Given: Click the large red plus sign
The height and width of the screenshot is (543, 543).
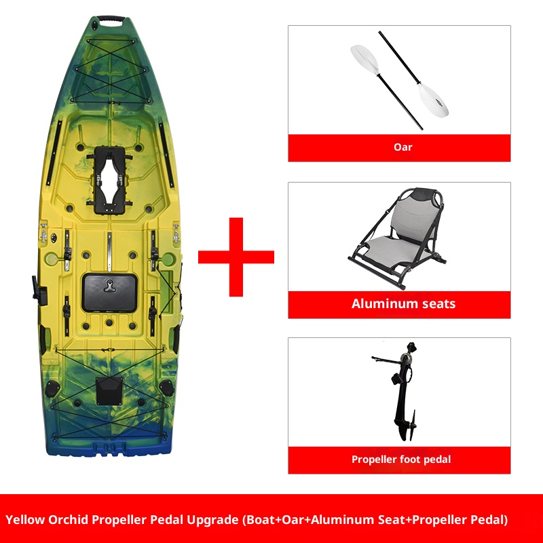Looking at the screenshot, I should pyautogui.click(x=236, y=257).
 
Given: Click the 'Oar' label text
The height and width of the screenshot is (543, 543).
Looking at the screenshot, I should pyautogui.click(x=402, y=147).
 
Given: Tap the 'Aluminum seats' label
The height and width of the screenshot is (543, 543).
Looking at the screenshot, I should pyautogui.click(x=403, y=303).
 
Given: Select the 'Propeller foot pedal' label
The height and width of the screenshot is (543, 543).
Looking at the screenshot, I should pyautogui.click(x=400, y=460).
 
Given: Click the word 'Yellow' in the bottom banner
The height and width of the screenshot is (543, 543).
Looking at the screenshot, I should pyautogui.click(x=24, y=521).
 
